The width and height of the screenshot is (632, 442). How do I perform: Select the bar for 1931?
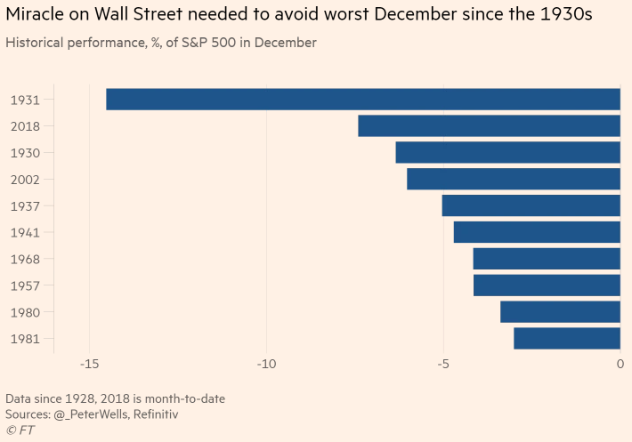coord(363,100)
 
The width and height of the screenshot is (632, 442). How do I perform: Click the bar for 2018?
coord(489,126)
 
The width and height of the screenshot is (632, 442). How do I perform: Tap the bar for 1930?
coord(507,153)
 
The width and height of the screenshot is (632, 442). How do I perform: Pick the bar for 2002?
coord(514,179)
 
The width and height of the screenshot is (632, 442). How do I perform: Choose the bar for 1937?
coord(531,205)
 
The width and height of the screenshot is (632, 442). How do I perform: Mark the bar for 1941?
coord(537,232)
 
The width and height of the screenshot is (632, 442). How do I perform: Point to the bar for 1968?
coord(547,259)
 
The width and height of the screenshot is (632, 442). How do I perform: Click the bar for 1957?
coord(547,285)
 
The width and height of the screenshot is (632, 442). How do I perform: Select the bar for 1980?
coord(560,312)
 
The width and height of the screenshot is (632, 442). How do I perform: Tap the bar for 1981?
coord(567,338)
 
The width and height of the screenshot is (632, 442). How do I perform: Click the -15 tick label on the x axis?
coord(88,365)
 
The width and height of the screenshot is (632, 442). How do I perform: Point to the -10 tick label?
coord(265,365)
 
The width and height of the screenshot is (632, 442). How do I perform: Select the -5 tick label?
coord(442,365)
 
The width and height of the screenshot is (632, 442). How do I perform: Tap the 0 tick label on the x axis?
coord(620,365)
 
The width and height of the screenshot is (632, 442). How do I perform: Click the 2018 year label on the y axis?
coord(25,126)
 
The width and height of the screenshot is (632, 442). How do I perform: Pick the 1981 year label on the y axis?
coord(25,339)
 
